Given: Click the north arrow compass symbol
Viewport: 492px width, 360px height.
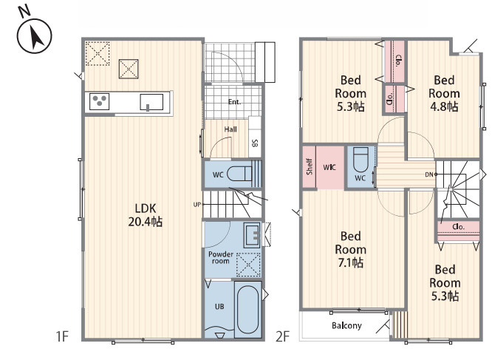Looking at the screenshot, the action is click(x=34, y=35).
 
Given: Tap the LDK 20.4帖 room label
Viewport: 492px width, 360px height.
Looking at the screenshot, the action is click(x=146, y=215).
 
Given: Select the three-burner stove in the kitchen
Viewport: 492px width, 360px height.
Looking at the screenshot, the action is click(x=99, y=101).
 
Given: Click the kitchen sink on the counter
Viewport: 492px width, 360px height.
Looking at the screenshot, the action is click(x=151, y=102).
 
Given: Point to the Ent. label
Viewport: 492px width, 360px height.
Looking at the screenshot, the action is click(x=234, y=102).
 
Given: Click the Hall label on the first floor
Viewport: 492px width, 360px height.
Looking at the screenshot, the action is click(x=230, y=129).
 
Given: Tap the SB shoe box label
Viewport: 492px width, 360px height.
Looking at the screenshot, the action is click(x=255, y=143).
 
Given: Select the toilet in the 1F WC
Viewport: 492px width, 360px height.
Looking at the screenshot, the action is click(x=240, y=174).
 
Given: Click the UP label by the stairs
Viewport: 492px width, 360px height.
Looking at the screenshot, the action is click(x=197, y=205).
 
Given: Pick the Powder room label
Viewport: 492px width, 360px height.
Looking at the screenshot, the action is click(x=221, y=257).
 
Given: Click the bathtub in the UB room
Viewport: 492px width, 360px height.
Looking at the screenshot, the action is click(x=248, y=309).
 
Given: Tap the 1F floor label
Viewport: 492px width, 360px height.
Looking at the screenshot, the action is click(x=62, y=336).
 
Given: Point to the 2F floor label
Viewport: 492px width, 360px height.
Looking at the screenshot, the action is click(x=282, y=336).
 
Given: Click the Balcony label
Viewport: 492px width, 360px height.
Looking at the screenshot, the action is click(x=346, y=325).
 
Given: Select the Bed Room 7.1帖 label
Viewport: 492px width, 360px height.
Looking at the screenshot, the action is click(x=350, y=249).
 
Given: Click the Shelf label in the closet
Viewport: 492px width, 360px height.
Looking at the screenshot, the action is click(x=310, y=166).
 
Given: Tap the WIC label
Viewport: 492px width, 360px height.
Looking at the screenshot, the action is click(x=329, y=167).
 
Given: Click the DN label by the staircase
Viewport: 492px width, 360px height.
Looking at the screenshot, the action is click(x=429, y=174).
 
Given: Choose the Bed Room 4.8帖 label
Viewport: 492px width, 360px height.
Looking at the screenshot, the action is click(x=444, y=93).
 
